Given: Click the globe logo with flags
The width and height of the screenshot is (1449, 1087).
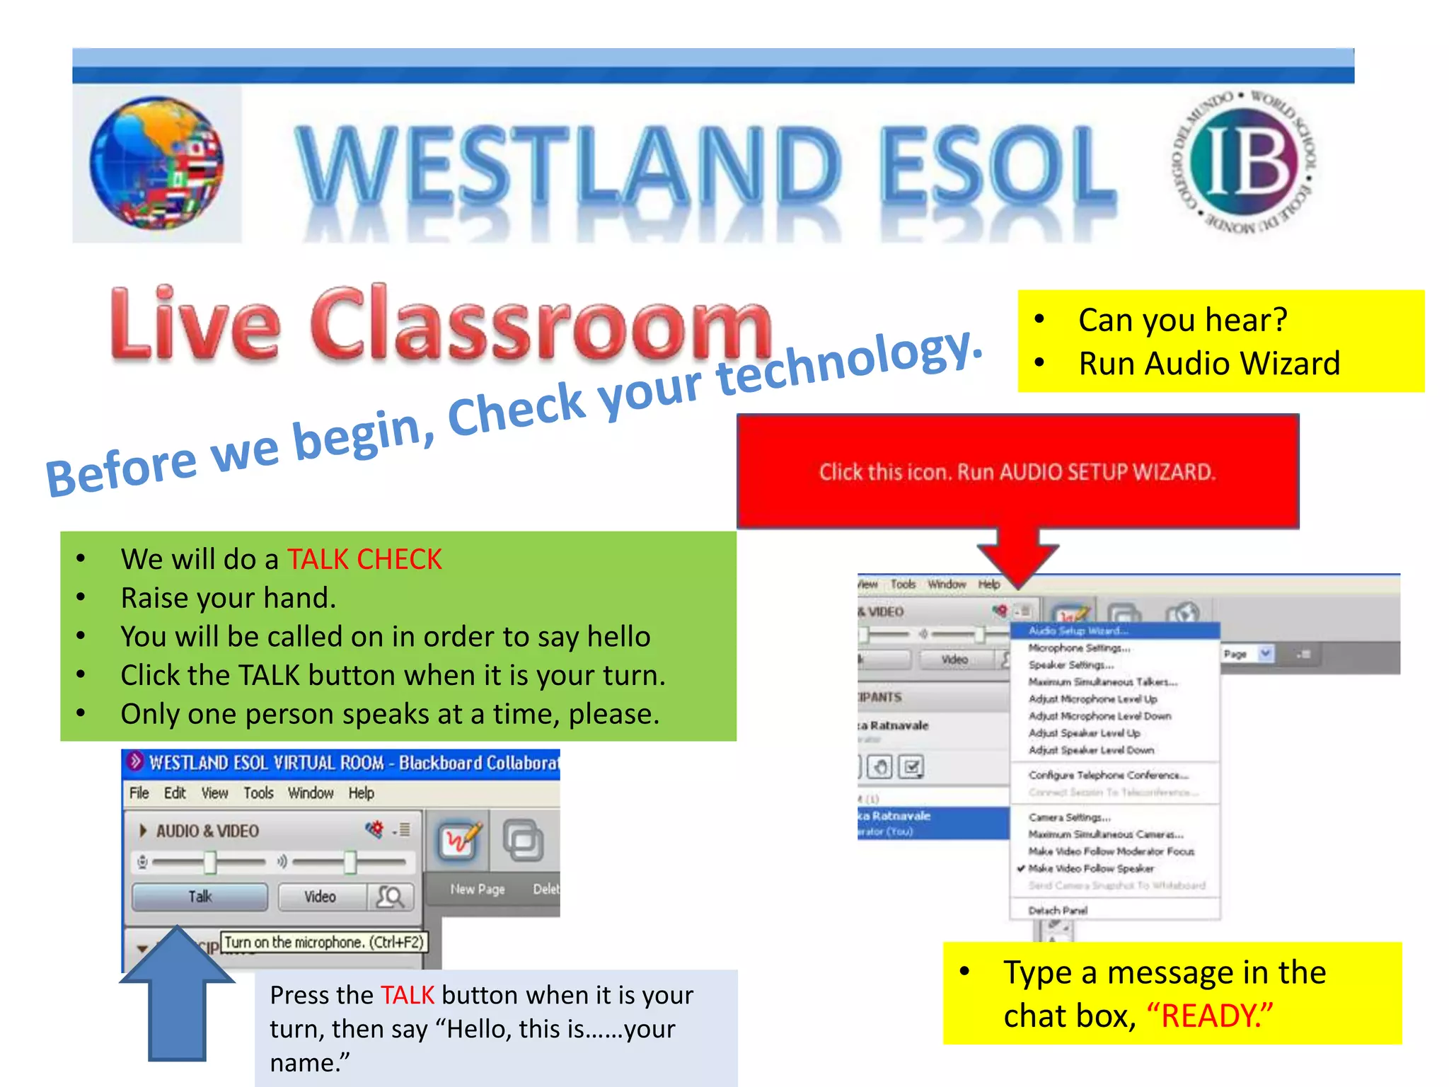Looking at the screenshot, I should point(157,164).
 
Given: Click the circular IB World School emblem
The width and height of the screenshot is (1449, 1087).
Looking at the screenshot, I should point(1245,162).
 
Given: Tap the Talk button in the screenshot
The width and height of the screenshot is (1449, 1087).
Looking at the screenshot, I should point(200,897).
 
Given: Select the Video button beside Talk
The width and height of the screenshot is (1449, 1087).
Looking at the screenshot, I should point(321,897).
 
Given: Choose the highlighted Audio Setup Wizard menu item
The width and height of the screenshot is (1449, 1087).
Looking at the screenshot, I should point(1078,631).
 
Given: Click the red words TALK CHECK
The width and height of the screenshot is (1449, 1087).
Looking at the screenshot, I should point(364,560).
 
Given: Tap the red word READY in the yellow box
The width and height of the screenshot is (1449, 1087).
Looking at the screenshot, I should point(1209,1016).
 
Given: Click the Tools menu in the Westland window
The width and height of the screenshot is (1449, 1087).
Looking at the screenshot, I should point(258,793).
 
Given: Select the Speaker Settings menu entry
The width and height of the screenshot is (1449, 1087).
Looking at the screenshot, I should point(1071,665).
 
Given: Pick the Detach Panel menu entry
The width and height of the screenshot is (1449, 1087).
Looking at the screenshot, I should point(1058,911).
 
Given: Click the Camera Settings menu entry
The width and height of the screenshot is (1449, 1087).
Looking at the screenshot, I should point(1069,817).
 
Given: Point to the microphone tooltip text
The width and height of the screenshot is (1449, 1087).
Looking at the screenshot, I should point(324,943).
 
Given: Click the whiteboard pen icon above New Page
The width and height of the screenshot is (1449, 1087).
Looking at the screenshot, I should point(459,841).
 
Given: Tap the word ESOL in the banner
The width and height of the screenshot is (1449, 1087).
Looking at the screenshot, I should point(998,165).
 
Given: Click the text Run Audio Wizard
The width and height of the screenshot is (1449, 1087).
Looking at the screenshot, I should point(1209,364).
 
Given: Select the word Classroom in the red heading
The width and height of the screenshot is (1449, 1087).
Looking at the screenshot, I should point(541,325).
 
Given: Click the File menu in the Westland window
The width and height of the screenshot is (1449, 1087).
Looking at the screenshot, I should point(139,793).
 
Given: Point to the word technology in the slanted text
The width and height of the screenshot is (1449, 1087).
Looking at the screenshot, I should point(849,364).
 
